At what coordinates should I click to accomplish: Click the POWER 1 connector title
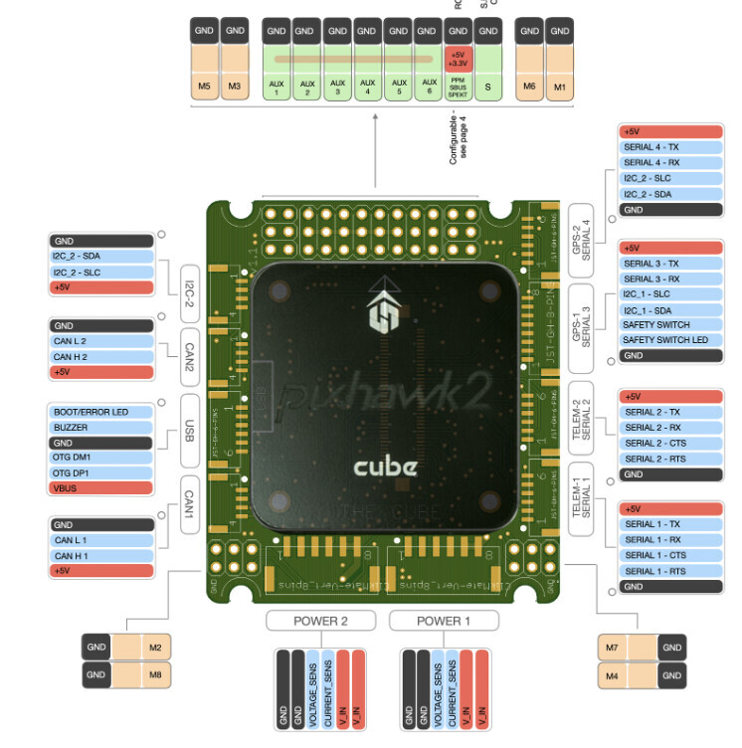443,621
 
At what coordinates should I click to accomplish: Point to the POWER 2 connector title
320,621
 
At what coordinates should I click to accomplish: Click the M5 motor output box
204,85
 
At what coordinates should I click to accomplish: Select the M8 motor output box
154,674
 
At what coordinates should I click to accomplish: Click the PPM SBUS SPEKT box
458,89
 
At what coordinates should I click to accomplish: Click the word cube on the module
387,467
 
